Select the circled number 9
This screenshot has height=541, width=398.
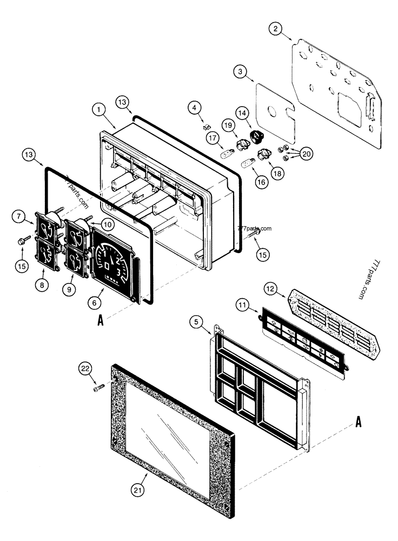point(69,289)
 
